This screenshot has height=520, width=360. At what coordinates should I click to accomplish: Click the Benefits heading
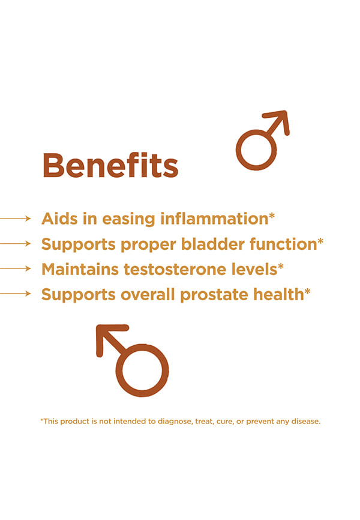point(110,165)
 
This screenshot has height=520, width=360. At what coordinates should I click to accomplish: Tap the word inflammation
point(214,219)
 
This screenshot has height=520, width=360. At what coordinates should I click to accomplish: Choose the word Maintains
point(80,269)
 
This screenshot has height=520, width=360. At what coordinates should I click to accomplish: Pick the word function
point(283,244)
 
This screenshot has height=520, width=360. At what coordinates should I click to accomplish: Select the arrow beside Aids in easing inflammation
point(15,219)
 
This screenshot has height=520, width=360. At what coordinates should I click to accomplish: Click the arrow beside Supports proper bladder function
point(15,244)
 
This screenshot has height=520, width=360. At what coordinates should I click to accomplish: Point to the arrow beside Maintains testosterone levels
point(15,268)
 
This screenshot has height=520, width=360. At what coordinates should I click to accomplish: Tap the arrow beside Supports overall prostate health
point(15,294)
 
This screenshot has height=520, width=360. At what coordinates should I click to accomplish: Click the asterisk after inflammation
point(272,216)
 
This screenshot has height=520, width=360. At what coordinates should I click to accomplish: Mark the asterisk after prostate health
point(307,291)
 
